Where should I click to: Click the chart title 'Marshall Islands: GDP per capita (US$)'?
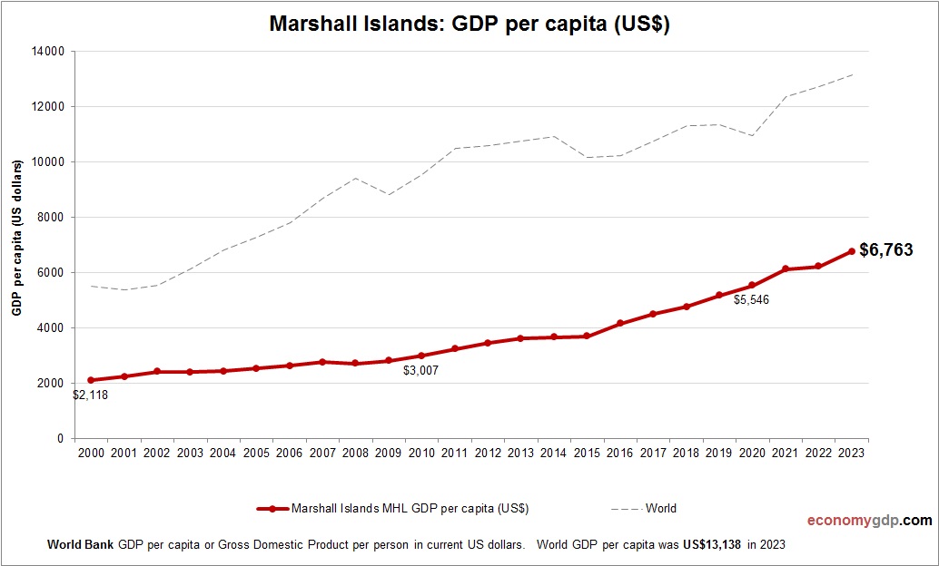469,24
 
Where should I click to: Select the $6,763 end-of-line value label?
885,250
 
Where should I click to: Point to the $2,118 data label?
90,395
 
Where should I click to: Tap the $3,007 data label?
420,370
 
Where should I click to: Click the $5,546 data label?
751,299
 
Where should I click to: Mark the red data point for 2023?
852,251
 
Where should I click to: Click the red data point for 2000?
91,380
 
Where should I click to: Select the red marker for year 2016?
620,323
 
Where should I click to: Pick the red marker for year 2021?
786,269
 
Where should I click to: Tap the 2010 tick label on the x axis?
421,453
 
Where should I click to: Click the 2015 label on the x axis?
587,453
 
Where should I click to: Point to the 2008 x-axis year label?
355,453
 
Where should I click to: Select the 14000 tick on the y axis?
45,52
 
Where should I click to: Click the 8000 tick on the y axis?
49,218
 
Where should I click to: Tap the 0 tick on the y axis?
60,439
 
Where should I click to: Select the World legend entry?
660,509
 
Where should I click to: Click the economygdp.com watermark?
869,521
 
